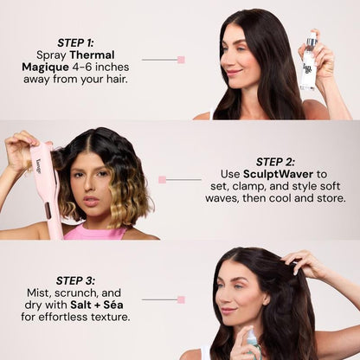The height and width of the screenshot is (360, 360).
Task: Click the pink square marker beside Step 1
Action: [181, 60]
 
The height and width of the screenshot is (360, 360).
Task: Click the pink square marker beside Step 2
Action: [162, 179]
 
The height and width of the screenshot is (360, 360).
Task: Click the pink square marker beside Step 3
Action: [181, 299]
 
